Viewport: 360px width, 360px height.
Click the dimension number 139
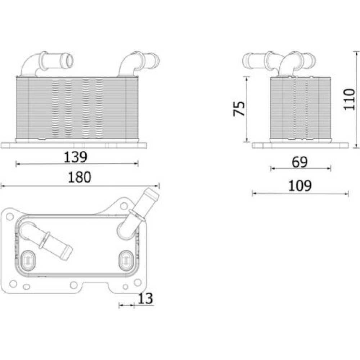[76, 157]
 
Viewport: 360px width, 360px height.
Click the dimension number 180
[80, 177]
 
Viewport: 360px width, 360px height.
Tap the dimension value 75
[239, 109]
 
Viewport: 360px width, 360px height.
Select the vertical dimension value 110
[349, 99]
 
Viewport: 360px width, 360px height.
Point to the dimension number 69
[300, 162]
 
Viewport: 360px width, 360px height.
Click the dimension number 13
[145, 298]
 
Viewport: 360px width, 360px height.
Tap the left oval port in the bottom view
[28, 260]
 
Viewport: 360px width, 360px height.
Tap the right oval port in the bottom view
[126, 260]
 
